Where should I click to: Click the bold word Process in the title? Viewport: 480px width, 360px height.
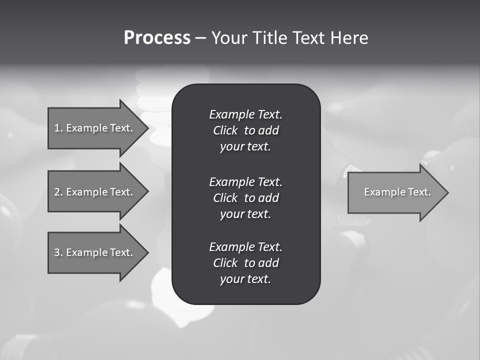[x=157, y=38]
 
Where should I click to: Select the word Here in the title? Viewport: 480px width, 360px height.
[x=349, y=38]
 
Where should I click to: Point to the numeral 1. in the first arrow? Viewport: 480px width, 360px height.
[x=58, y=128]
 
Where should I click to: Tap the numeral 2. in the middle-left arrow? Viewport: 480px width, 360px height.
[x=58, y=192]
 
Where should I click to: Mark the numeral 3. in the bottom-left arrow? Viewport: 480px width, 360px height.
[x=58, y=252]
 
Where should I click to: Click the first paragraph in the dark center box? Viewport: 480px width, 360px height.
[x=245, y=130]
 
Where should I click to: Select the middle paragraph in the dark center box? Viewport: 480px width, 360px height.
[x=245, y=197]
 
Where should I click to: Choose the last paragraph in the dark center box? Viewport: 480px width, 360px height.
[x=245, y=263]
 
